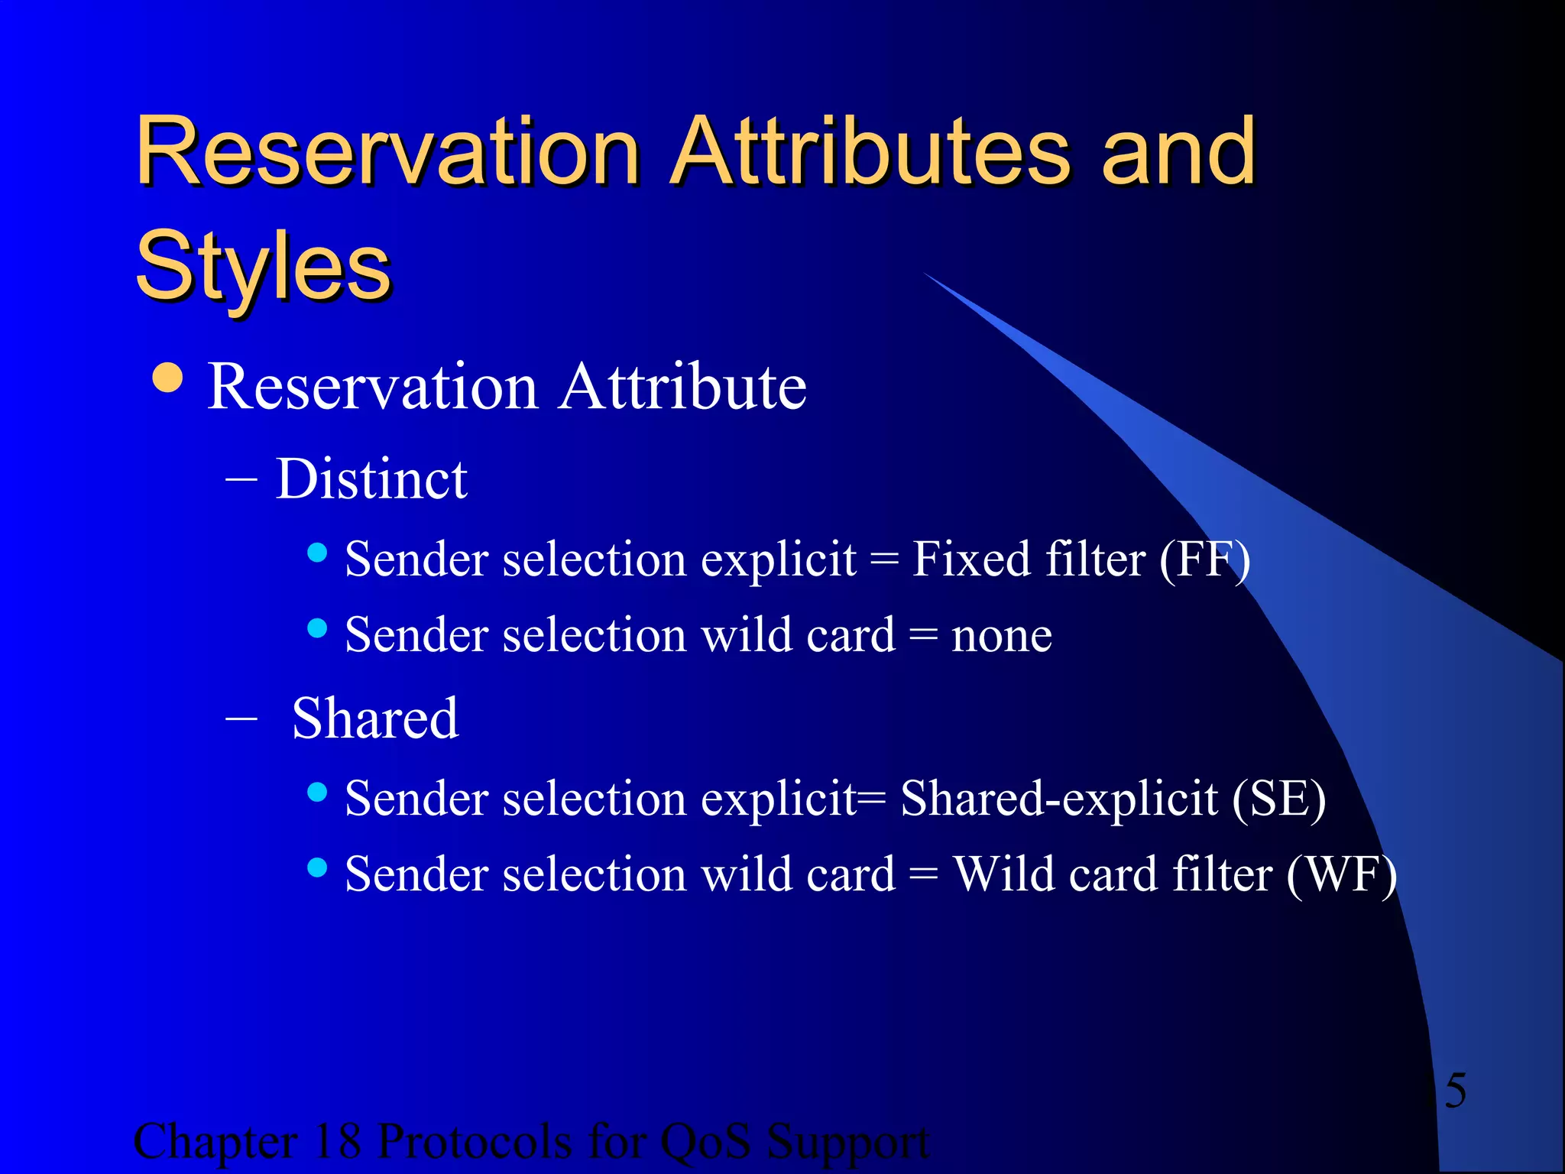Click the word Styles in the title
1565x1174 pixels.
coord(263,266)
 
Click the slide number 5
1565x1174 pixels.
coord(1455,1090)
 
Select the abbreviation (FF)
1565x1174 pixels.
coord(1204,559)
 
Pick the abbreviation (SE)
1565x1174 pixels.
coord(1278,799)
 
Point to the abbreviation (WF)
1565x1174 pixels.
coord(1341,874)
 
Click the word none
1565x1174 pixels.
coord(1001,635)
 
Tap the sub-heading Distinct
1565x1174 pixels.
coord(371,479)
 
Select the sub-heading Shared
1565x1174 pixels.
coord(374,718)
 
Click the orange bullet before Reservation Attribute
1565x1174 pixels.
coord(167,378)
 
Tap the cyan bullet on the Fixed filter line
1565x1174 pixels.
coord(317,552)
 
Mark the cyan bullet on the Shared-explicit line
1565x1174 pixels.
coord(317,792)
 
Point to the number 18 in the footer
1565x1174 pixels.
coord(337,1141)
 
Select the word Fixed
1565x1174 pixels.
coord(972,559)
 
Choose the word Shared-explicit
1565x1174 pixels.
coord(1059,799)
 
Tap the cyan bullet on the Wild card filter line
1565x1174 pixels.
coord(317,868)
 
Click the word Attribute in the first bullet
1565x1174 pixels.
coord(682,387)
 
